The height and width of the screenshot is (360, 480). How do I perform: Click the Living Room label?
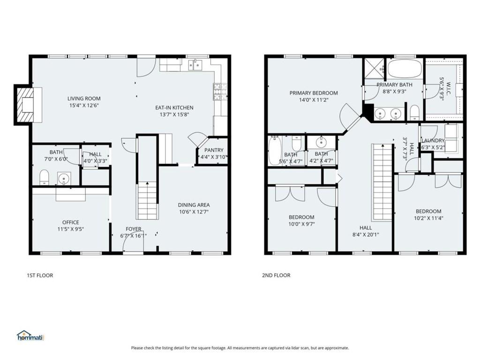click(x=84, y=98)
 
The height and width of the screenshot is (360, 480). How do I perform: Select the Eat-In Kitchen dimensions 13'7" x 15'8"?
click(x=174, y=115)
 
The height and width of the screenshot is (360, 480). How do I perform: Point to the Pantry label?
click(x=214, y=150)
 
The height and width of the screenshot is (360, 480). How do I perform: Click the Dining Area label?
click(x=194, y=205)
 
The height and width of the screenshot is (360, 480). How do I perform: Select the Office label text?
click(x=71, y=222)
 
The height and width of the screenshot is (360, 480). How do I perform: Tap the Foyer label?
click(x=134, y=229)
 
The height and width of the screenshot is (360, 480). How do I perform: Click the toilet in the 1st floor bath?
click(x=44, y=176)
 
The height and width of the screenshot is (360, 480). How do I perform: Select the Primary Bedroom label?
click(x=313, y=93)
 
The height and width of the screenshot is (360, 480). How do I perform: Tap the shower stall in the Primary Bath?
click(x=374, y=68)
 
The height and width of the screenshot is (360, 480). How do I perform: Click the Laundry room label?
click(x=433, y=141)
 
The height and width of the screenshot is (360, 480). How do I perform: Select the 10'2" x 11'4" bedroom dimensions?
click(x=428, y=218)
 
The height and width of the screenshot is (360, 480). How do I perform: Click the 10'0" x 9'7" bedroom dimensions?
click(x=301, y=224)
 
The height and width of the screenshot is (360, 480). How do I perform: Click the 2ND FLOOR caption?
click(x=276, y=275)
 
